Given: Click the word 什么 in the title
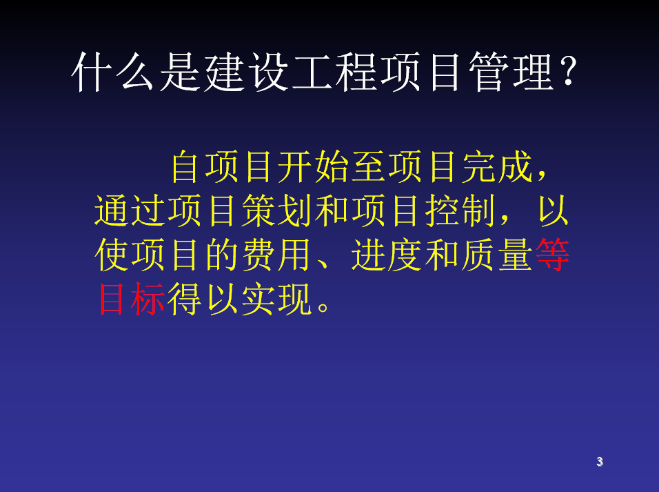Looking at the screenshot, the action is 112,72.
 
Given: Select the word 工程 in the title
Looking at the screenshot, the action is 334,72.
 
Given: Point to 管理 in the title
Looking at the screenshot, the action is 511,72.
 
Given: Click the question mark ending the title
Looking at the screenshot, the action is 568,71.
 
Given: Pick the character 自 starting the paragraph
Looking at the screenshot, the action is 185,167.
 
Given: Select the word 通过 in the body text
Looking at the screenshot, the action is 130,210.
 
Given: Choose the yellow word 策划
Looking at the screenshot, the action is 277,210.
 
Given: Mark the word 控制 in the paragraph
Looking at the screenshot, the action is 460,210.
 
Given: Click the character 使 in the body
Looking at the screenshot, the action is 111,255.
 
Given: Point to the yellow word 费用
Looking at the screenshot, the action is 277,255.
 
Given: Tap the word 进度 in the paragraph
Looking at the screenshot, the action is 387,255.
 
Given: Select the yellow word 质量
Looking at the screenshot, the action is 497,255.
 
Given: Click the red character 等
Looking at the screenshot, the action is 553,255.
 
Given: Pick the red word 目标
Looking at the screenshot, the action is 131,299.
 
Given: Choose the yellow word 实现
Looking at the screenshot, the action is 277,299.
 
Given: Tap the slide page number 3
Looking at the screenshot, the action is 600,462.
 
